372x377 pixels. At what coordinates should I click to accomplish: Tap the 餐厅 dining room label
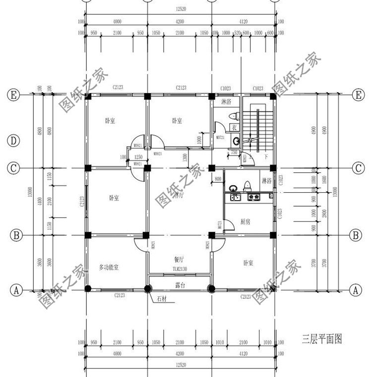click(179, 259)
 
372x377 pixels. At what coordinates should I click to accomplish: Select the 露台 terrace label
click(180, 285)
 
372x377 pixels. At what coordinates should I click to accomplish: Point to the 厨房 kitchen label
click(245, 221)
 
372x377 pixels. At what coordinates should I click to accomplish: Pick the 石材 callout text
click(162, 299)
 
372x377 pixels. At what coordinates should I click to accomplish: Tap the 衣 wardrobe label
click(235, 127)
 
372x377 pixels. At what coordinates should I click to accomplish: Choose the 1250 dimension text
click(138, 157)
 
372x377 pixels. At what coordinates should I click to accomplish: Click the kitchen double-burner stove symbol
click(253, 197)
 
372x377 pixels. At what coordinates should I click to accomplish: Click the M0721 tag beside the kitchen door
click(219, 225)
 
